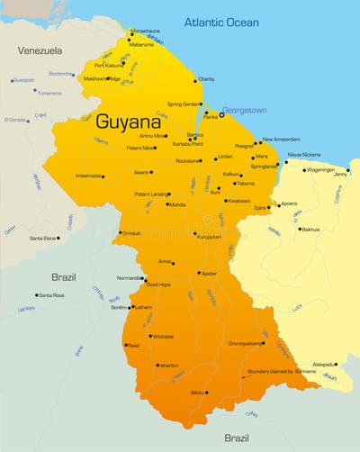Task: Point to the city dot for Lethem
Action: (x=131, y=307)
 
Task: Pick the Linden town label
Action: (x=224, y=157)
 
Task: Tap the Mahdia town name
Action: (x=177, y=204)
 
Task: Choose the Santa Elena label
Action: (x=42, y=238)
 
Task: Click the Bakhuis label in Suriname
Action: (x=310, y=230)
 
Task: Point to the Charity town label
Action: (x=206, y=79)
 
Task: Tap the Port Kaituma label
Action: (x=109, y=65)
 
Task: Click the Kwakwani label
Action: (x=238, y=201)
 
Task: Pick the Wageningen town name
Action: (x=320, y=169)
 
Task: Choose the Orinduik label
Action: (x=130, y=233)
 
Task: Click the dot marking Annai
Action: (x=173, y=263)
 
